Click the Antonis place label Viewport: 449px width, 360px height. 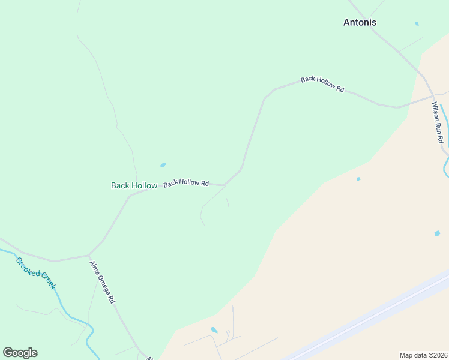(x=360, y=23)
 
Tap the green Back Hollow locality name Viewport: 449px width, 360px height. (x=134, y=185)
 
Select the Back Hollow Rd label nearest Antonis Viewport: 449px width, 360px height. (x=322, y=84)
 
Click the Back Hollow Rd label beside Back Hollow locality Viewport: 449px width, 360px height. (x=186, y=182)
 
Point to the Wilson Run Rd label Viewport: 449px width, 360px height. (x=438, y=122)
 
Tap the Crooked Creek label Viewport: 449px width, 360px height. (x=36, y=273)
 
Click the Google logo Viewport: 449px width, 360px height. (x=20, y=353)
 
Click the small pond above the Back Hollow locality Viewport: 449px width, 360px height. (x=163, y=164)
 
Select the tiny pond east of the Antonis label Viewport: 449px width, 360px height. (x=417, y=24)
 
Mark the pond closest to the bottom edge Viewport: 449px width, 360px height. (x=214, y=329)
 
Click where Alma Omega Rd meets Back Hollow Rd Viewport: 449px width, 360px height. (x=89, y=255)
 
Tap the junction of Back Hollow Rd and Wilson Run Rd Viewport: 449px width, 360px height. (x=432, y=95)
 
